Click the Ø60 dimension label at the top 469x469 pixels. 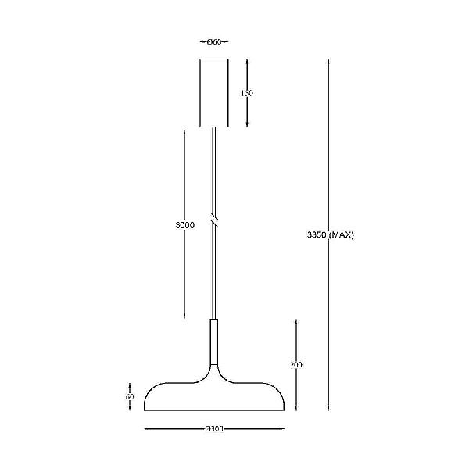pyautogui.click(x=214, y=42)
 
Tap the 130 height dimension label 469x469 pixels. pyautogui.click(x=247, y=93)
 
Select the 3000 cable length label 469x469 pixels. pyautogui.click(x=184, y=225)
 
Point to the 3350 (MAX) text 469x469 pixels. pyautogui.click(x=330, y=234)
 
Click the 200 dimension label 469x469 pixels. pyautogui.click(x=296, y=364)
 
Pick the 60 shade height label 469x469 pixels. pyautogui.click(x=130, y=396)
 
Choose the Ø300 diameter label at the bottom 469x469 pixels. pyautogui.click(x=214, y=428)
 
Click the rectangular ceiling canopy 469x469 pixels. pyautogui.click(x=214, y=93)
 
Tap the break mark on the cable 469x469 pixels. pyautogui.click(x=214, y=220)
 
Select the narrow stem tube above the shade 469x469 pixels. pyautogui.click(x=214, y=342)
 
